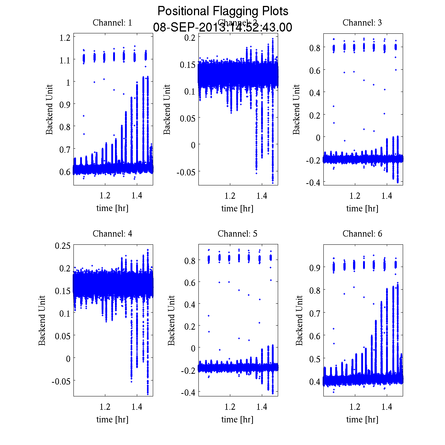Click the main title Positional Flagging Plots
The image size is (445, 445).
(x=222, y=11)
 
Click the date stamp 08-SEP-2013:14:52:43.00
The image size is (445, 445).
(x=222, y=27)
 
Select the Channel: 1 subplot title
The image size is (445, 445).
(x=112, y=23)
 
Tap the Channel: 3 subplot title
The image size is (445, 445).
(x=362, y=23)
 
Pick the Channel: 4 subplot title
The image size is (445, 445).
(x=112, y=234)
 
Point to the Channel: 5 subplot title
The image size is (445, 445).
(x=237, y=234)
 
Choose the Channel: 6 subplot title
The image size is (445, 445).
(x=362, y=234)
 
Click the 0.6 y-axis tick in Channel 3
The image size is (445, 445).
(x=314, y=70)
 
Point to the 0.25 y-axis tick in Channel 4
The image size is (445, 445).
(x=62, y=245)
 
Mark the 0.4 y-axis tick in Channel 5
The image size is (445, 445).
(x=190, y=304)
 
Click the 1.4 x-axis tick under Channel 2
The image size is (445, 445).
(x=262, y=196)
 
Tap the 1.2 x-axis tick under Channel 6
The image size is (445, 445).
(x=355, y=407)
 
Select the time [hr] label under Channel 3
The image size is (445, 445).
(x=362, y=208)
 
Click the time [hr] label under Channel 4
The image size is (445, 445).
(x=112, y=419)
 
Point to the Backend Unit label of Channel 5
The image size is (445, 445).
(x=171, y=320)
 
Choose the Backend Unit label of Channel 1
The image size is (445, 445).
(x=50, y=109)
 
